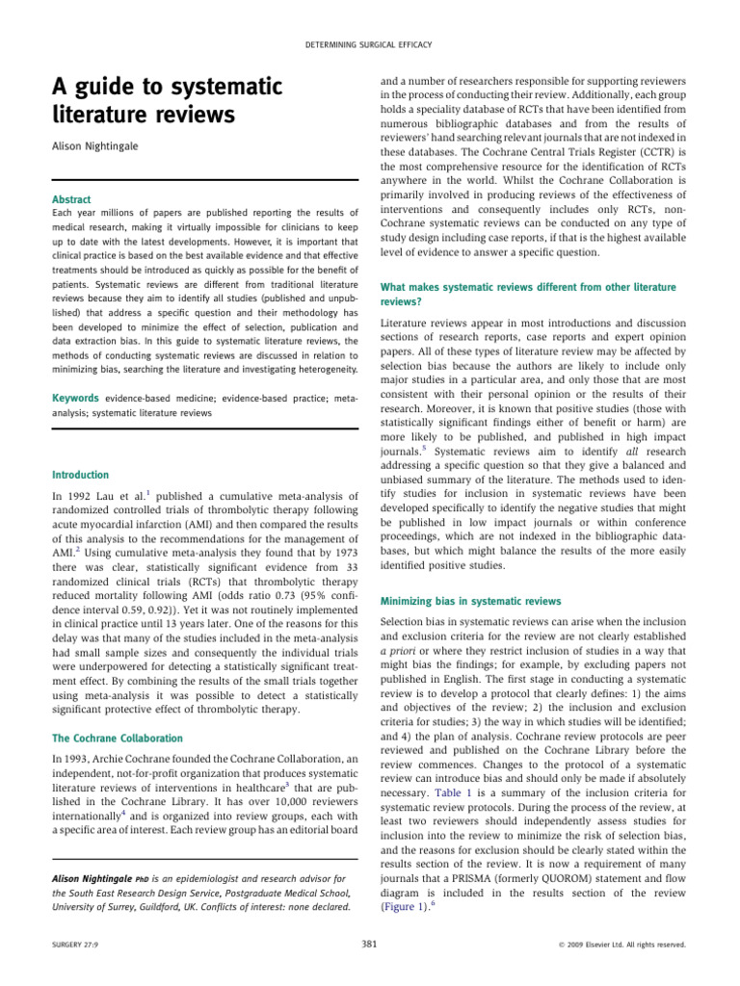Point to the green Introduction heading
click(80, 475)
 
